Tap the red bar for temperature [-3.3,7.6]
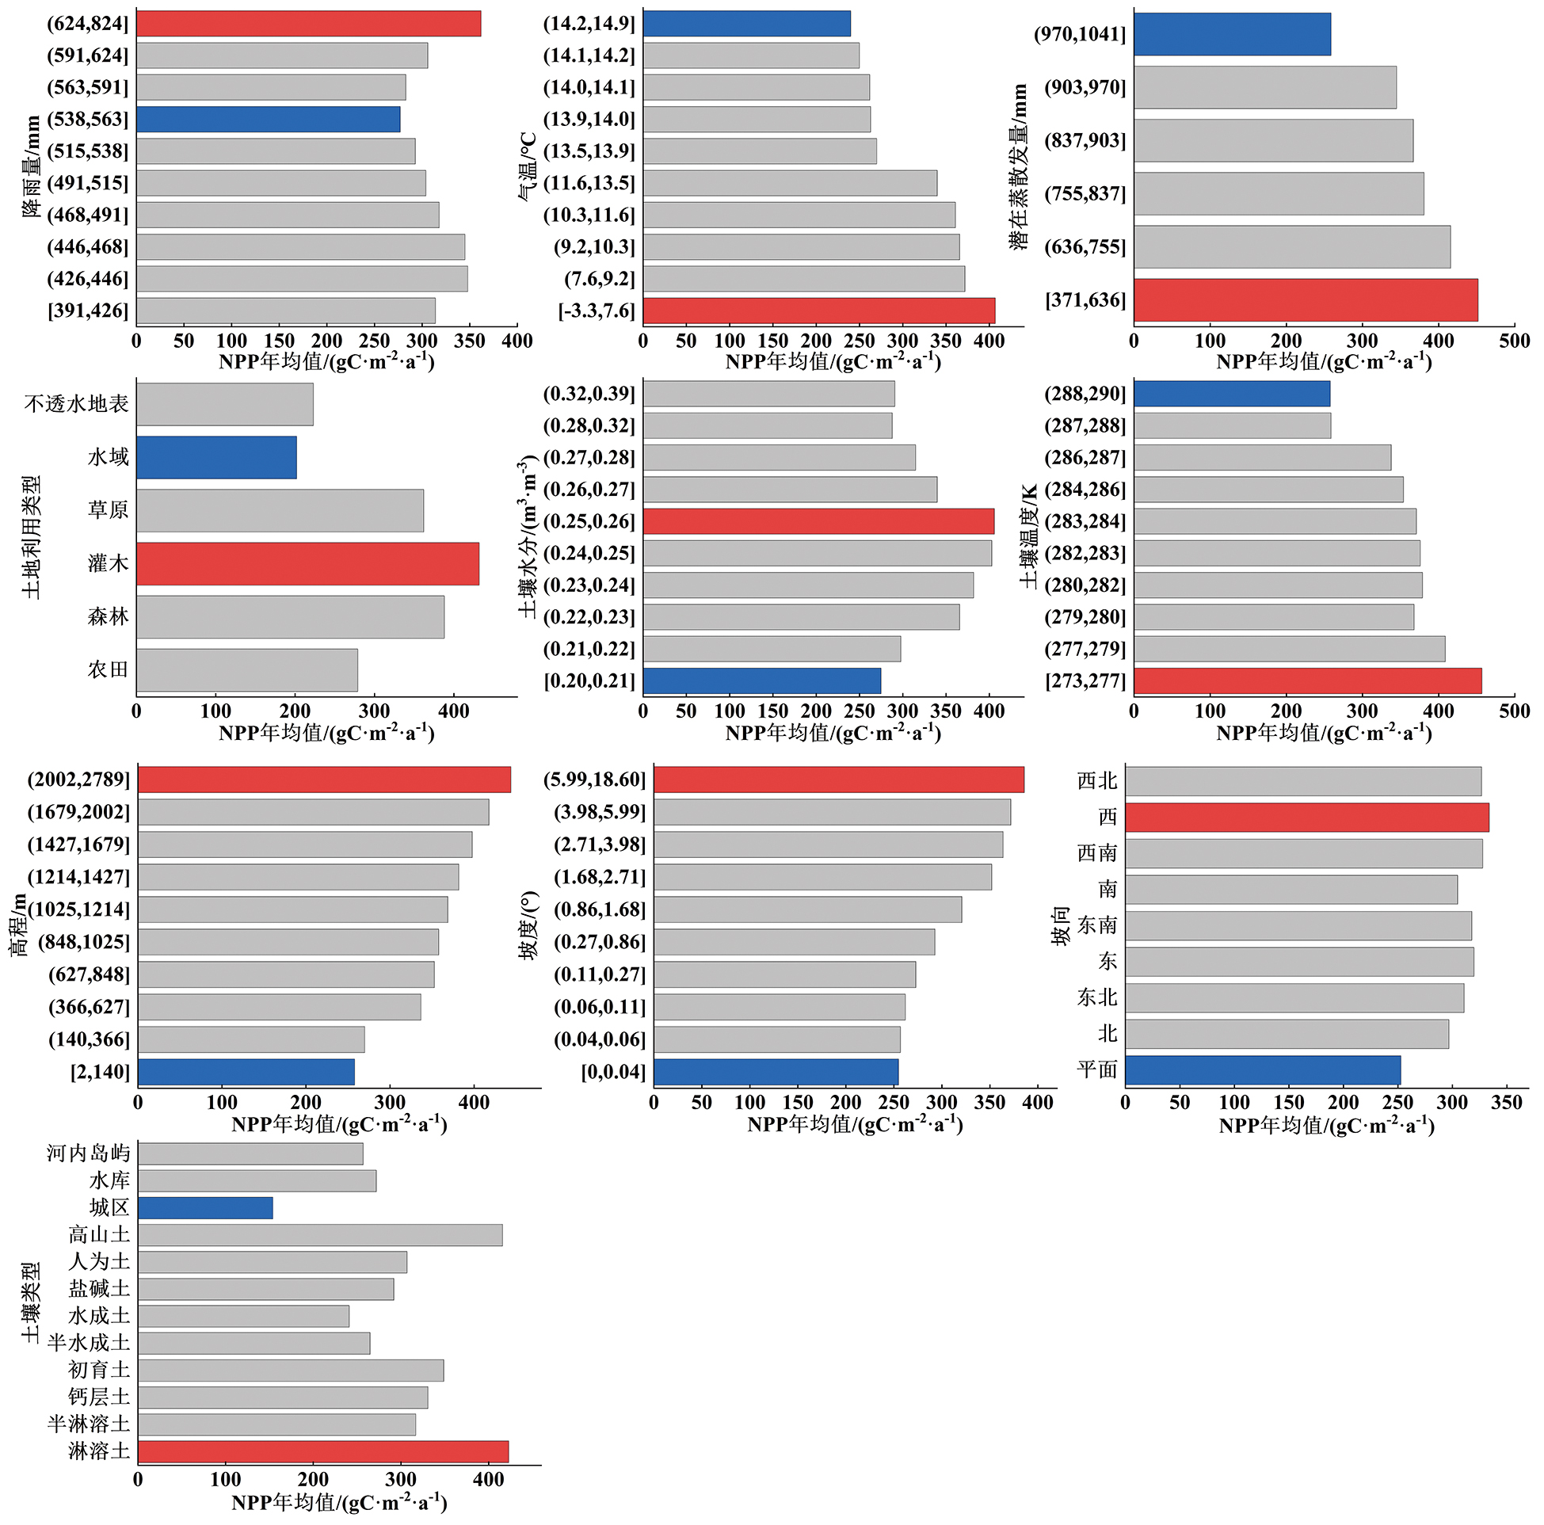click(x=818, y=310)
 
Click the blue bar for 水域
click(x=215, y=457)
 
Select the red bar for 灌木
click(x=307, y=563)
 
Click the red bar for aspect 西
click(x=1306, y=817)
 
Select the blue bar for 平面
click(x=1263, y=1069)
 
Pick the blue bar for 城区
click(x=204, y=1207)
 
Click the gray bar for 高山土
click(x=320, y=1234)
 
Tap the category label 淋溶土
click(x=98, y=1451)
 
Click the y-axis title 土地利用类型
click(x=31, y=536)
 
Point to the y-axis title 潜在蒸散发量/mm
click(x=1019, y=167)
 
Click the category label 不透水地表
click(x=76, y=403)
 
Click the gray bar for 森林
click(x=290, y=616)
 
